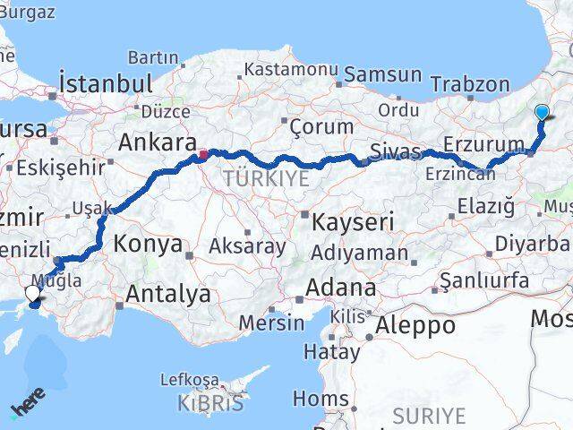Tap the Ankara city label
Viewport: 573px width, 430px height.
pos(158,143)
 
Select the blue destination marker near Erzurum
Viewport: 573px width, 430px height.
pos(543,113)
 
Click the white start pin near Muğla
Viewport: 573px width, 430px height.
pos(33,293)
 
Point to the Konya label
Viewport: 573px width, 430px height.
pos(148,244)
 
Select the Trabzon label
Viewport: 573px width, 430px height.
pos(469,84)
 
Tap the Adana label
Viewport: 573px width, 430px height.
pos(341,288)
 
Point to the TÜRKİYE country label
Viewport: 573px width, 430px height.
pos(266,178)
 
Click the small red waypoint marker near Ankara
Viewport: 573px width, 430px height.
pos(203,154)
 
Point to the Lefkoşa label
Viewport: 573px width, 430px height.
pos(189,379)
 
